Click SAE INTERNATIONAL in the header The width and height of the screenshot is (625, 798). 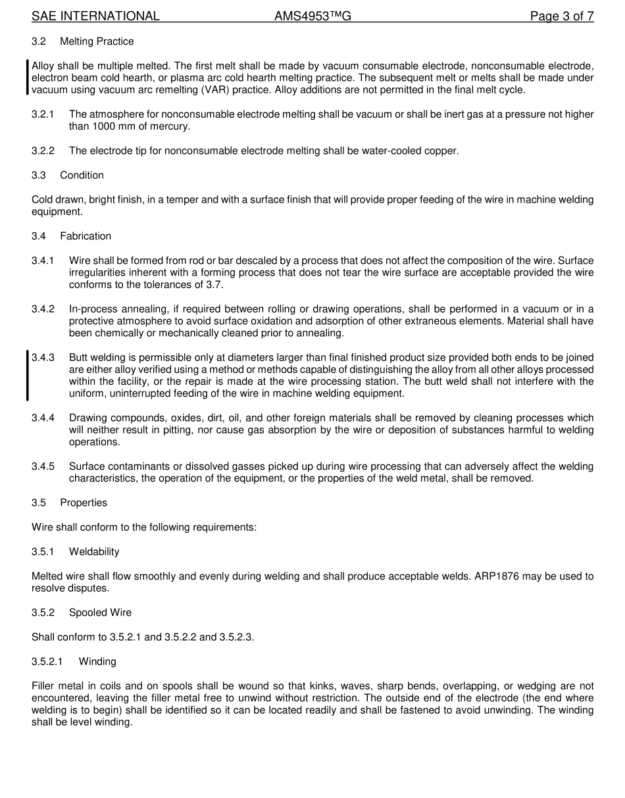click(x=95, y=16)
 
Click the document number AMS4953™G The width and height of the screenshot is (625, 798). click(x=312, y=16)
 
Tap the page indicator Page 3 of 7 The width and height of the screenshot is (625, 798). click(x=562, y=16)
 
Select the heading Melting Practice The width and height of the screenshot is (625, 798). click(x=97, y=41)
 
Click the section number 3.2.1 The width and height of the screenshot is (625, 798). click(x=43, y=114)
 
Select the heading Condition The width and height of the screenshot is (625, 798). click(x=82, y=175)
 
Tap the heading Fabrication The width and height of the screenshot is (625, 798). click(x=86, y=236)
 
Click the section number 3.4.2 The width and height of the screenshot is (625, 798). click(x=43, y=309)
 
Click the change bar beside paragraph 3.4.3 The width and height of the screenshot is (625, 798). click(x=28, y=376)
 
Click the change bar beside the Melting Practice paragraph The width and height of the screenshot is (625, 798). click(x=28, y=78)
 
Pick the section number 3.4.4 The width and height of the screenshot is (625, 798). click(x=43, y=418)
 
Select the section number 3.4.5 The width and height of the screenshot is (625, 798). click(x=43, y=466)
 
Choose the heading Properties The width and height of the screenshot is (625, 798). click(x=84, y=503)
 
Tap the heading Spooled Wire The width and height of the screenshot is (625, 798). click(x=100, y=612)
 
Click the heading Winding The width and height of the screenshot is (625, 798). click(x=97, y=661)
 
